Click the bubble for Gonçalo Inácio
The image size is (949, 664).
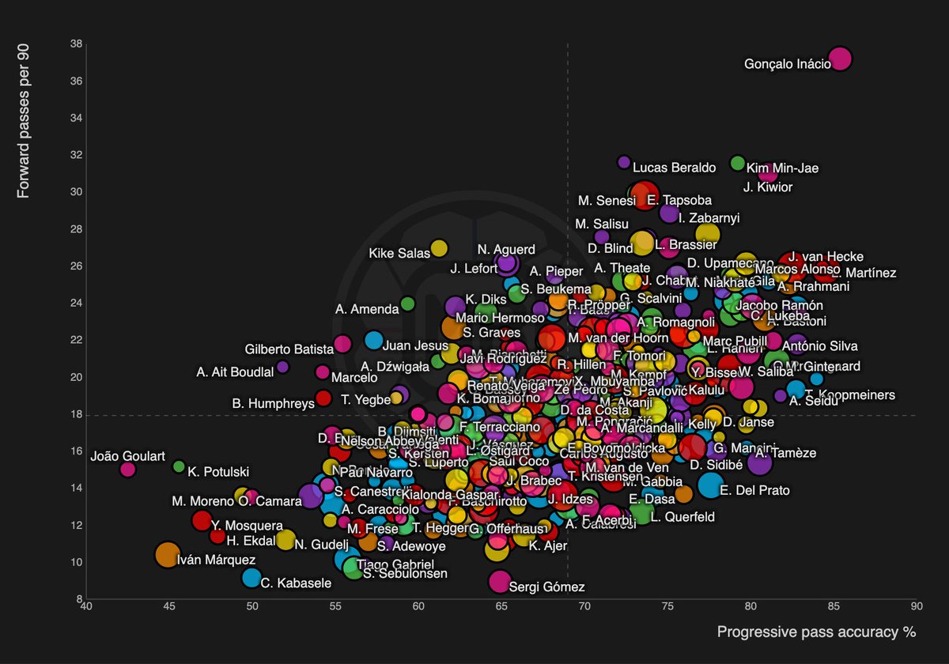(840, 58)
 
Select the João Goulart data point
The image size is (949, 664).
(127, 470)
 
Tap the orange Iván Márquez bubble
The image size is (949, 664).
(167, 555)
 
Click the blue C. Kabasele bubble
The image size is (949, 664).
(251, 578)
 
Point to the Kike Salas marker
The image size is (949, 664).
(439, 248)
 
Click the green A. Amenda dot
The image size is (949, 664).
(407, 304)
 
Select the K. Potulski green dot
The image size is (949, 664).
(179, 466)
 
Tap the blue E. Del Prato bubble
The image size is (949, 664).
(711, 485)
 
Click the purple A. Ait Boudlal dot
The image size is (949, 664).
(282, 367)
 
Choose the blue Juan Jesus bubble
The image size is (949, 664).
(373, 341)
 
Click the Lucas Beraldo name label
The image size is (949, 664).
(674, 168)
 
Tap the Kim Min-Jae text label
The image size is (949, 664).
(782, 168)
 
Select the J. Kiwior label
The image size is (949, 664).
(767, 187)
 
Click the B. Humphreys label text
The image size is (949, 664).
(273, 403)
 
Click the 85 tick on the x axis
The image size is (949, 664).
(834, 607)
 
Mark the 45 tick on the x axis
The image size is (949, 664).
(168, 607)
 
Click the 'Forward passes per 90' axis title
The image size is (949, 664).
(24, 120)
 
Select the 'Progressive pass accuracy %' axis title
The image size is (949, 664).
(816, 632)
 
